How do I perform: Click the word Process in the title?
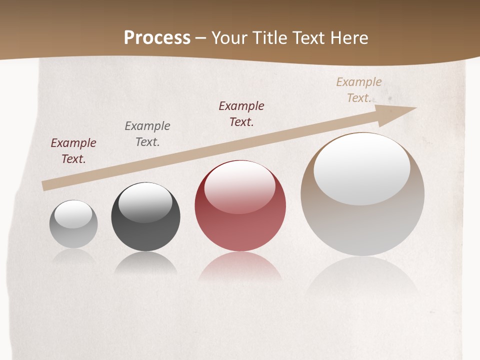click(x=157, y=38)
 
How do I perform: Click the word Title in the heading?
click(x=270, y=38)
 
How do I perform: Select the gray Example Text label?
click(x=147, y=134)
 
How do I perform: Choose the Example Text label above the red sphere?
click(x=241, y=114)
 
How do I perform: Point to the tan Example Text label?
click(x=359, y=90)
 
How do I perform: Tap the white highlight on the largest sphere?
click(x=361, y=169)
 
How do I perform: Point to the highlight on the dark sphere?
click(x=145, y=202)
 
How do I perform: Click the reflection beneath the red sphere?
click(x=240, y=270)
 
